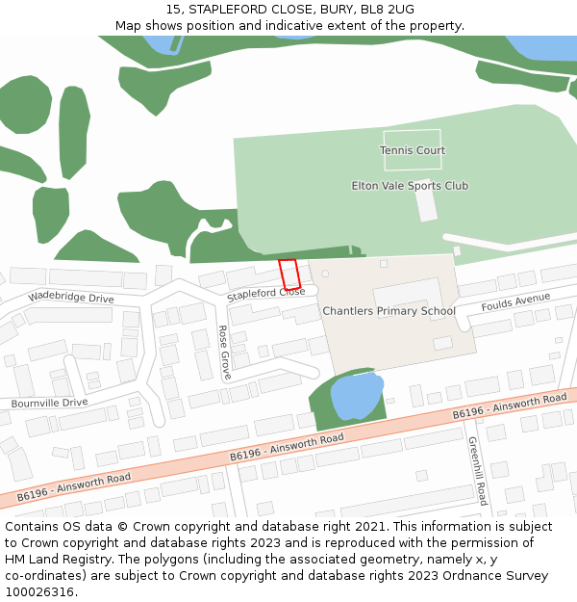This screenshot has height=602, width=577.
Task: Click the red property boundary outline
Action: coord(289,274)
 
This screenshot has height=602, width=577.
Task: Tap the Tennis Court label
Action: coord(412,150)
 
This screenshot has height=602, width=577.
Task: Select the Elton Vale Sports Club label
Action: coord(410,186)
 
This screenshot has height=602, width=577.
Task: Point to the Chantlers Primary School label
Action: coord(389,311)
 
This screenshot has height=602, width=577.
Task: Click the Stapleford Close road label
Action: coord(265,293)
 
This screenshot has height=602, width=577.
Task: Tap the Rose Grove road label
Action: coord(224,352)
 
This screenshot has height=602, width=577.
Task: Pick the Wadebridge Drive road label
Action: coord(71,299)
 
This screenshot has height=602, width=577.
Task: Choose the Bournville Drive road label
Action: coord(49,403)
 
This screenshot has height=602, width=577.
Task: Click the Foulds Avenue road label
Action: coord(515,301)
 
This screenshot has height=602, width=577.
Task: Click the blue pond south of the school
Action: coord(356,395)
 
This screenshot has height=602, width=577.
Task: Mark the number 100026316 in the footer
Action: coord(41,592)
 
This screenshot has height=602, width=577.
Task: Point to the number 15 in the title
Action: coord(173,10)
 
